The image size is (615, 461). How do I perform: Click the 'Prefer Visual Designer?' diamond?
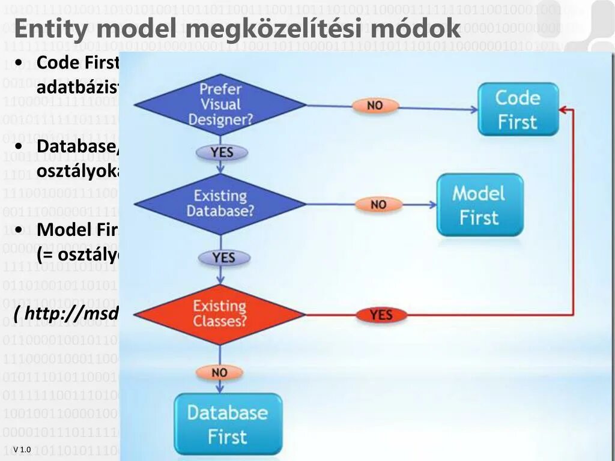[x=220, y=104]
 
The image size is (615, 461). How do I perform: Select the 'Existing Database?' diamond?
[x=220, y=203]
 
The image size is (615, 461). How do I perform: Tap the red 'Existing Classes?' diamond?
[x=220, y=314]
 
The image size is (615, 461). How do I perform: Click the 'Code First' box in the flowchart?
[x=518, y=109]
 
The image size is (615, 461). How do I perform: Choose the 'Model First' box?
[x=479, y=205]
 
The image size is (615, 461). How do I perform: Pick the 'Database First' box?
[x=228, y=424]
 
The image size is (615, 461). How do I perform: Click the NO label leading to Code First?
[x=375, y=106]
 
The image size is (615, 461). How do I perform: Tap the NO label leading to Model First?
[x=378, y=205]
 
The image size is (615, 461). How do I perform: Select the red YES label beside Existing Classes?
[x=381, y=315]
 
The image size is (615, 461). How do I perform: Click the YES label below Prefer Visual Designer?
[x=222, y=152]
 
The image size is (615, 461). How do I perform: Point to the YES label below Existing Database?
[x=223, y=258]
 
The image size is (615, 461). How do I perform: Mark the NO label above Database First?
[x=220, y=373]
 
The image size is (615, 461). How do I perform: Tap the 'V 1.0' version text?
[x=22, y=450]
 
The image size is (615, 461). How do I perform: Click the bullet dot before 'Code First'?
[x=20, y=63]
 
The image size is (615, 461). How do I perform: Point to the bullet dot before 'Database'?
[x=20, y=146]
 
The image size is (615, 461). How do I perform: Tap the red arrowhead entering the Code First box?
[x=563, y=110]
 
